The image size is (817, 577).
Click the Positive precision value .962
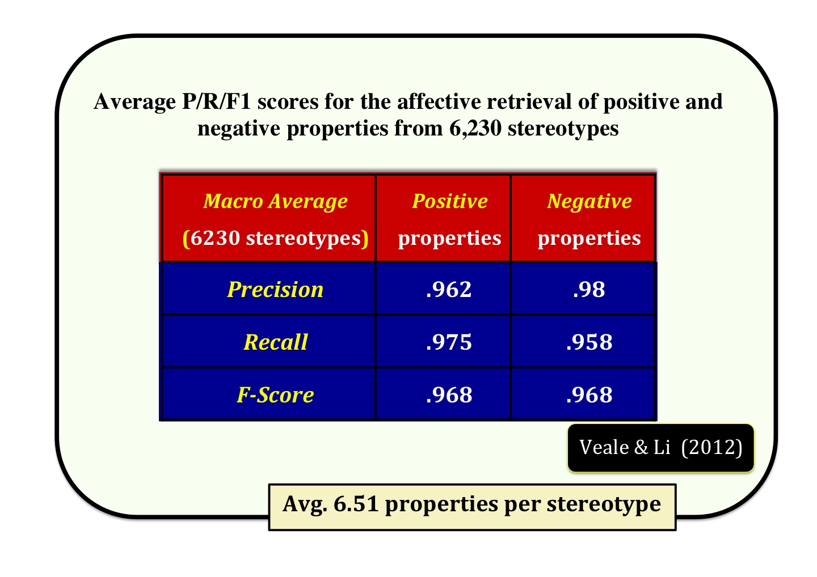click(x=449, y=290)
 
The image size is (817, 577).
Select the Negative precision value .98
click(x=589, y=290)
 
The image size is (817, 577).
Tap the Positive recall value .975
click(x=449, y=342)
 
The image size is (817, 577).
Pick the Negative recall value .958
click(x=589, y=342)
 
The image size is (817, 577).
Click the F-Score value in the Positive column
click(x=449, y=395)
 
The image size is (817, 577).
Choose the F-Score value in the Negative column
click(x=589, y=395)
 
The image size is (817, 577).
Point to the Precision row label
click(x=275, y=290)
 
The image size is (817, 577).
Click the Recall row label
click(x=276, y=342)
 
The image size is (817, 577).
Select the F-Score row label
click(x=275, y=395)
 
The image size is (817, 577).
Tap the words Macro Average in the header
click(x=275, y=201)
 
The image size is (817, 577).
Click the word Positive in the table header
click(x=450, y=201)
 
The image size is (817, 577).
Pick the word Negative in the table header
click(x=589, y=201)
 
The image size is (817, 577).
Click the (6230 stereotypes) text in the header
click(x=275, y=239)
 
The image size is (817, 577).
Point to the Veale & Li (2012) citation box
click(x=660, y=448)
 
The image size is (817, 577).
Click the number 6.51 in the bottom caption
click(x=356, y=504)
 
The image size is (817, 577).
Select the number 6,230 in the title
click(x=475, y=128)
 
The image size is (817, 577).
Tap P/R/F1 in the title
click(x=216, y=101)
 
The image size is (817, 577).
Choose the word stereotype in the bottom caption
click(x=604, y=505)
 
